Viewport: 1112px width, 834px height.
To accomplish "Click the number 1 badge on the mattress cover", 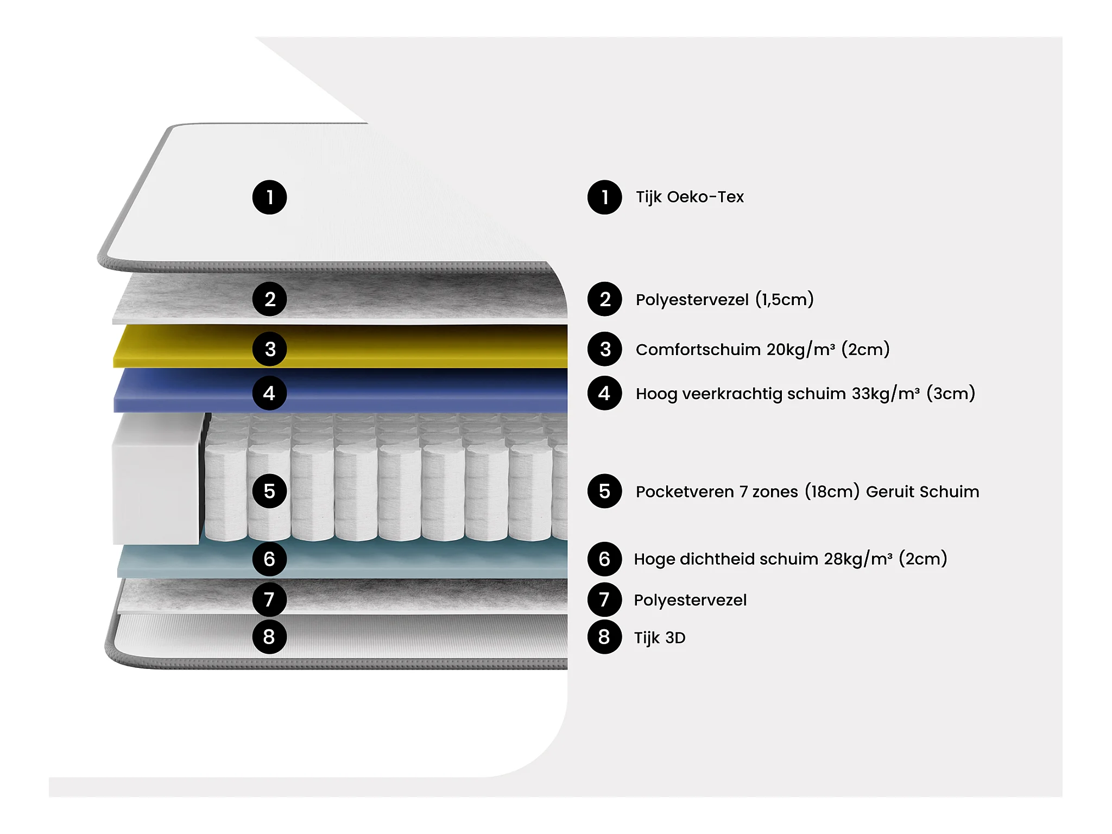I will (269, 197).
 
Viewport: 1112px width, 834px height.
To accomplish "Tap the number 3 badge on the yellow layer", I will (269, 349).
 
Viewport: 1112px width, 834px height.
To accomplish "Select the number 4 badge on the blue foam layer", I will (269, 393).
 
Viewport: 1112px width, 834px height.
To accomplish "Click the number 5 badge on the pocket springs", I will (269, 491).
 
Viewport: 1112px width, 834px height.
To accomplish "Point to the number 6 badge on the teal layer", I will (269, 559).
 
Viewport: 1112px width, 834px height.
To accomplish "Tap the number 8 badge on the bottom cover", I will (269, 637).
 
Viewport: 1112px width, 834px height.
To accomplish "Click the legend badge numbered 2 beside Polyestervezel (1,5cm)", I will (604, 299).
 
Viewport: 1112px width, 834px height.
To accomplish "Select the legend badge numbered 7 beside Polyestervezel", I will (604, 600).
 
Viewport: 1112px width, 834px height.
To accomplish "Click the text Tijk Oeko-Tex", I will (690, 197).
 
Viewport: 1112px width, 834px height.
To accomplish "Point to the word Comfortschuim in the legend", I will (698, 350).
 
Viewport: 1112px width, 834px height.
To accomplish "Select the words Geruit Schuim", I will (923, 492).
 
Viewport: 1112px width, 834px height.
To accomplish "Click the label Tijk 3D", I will (660, 637).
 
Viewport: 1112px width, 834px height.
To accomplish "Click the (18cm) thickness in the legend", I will (832, 492).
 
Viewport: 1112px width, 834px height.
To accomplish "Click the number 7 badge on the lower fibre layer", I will (269, 600).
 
